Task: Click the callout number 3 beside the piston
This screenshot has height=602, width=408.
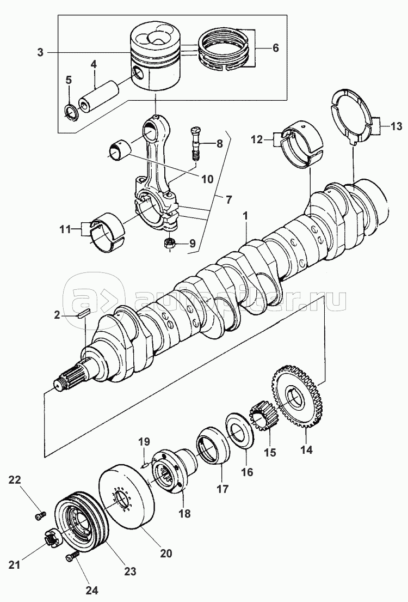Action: [40, 53]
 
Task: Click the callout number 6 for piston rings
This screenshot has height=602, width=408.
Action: [275, 48]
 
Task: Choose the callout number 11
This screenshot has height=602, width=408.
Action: [65, 229]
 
